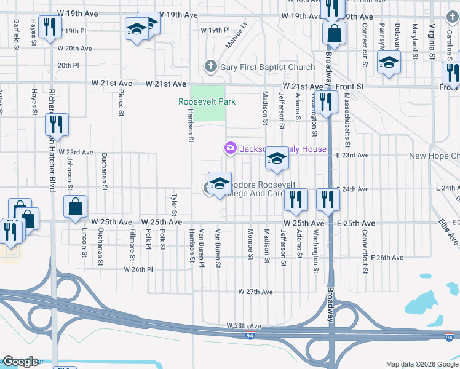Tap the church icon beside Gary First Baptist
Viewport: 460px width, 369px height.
pyautogui.click(x=210, y=66)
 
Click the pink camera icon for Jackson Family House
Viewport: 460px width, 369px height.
pyautogui.click(x=230, y=148)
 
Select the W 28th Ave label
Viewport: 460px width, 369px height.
pyautogui.click(x=244, y=325)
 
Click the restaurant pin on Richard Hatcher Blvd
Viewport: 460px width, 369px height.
pyautogui.click(x=55, y=125)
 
